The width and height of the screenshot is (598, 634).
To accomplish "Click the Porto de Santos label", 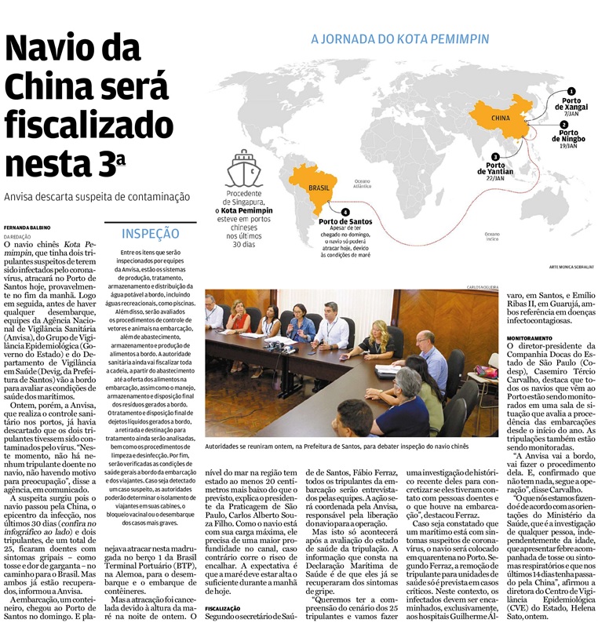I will pyautogui.click(x=345, y=222).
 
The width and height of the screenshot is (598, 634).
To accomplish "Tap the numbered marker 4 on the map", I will pyautogui.click(x=346, y=210).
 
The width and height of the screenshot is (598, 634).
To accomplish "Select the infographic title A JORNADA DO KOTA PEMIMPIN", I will pyautogui.click(x=399, y=38).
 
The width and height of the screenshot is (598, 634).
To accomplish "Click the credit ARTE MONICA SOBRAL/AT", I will pyautogui.click(x=559, y=268).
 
